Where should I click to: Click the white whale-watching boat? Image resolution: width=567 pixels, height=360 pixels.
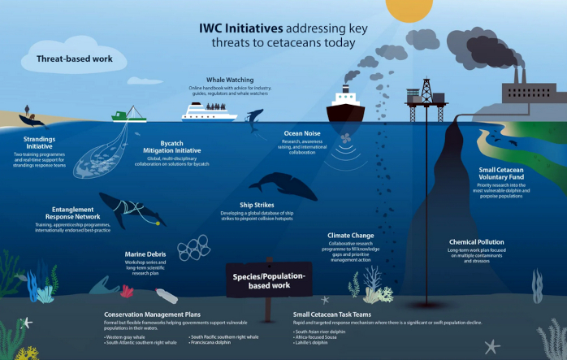[x=210, y=111]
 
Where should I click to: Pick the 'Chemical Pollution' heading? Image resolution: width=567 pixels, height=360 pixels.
[x=477, y=241]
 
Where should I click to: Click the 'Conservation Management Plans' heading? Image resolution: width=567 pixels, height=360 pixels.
[x=152, y=314]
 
